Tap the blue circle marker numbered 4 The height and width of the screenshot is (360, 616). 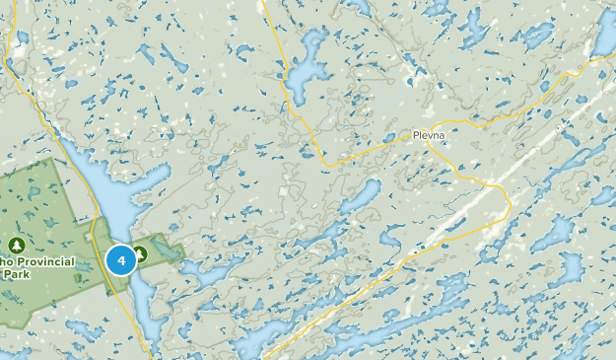coord(121,260)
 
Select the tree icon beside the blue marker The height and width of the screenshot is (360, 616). coord(141,255)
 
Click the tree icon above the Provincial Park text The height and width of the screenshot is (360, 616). coord(17,244)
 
